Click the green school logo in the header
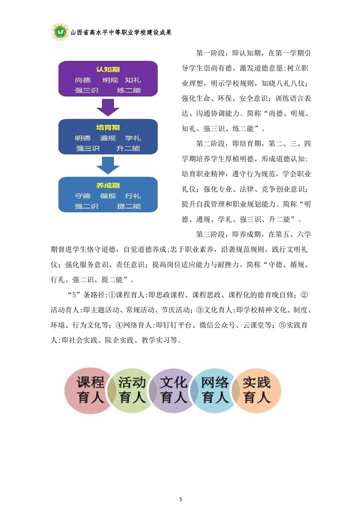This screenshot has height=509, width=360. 60,32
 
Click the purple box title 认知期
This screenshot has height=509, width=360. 108,69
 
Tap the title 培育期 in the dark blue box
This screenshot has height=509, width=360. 108,127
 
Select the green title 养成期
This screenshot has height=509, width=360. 108,186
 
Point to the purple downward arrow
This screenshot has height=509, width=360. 108,108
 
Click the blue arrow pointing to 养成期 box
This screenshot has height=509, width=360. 108,166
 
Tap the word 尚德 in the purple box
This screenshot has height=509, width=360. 83,80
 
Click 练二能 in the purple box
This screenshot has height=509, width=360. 129,90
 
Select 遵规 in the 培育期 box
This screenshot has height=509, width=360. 108,138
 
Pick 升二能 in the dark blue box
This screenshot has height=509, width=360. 128,148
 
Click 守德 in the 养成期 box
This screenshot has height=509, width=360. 83,196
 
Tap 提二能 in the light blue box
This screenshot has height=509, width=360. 129,206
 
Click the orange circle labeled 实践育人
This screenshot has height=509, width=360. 256,391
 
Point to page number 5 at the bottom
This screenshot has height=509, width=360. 181,499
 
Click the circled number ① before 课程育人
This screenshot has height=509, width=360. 112,295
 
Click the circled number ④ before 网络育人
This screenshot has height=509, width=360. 119,325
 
